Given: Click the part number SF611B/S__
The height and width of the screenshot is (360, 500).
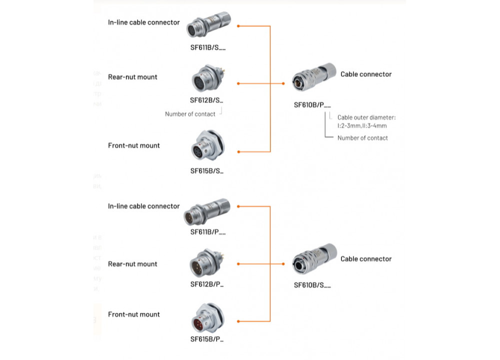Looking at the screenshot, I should click(x=207, y=48).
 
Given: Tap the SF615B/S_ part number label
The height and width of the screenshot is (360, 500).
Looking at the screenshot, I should click(x=206, y=170).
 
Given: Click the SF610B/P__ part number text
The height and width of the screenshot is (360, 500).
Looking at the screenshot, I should click(x=312, y=105).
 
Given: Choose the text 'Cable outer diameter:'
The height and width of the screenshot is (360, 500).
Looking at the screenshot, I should click(x=366, y=117).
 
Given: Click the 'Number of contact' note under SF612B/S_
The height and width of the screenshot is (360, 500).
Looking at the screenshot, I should click(x=190, y=114).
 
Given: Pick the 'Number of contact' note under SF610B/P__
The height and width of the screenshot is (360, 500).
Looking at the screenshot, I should click(x=362, y=138).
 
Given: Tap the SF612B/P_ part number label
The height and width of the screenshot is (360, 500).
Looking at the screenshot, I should click(x=206, y=284).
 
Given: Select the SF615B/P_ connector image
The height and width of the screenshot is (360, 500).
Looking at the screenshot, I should click(x=207, y=319).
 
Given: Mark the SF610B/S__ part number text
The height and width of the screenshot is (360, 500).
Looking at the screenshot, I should click(x=312, y=285).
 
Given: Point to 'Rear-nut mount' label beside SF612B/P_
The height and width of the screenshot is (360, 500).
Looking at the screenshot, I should click(x=132, y=264).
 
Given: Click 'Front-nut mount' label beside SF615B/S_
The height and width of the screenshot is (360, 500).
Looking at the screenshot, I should click(x=134, y=145).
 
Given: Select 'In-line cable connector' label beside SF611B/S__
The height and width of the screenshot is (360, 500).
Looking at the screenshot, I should click(x=143, y=22).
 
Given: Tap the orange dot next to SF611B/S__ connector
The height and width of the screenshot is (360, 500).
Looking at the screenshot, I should click(x=238, y=26).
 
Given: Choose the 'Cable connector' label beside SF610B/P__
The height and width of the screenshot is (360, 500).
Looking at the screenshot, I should click(x=366, y=74).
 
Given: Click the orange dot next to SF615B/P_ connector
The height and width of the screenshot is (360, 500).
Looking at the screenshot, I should click(x=238, y=321).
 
